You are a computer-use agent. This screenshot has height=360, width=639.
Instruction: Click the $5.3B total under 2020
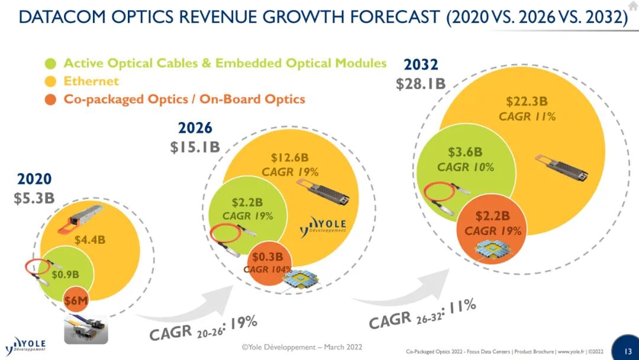coord(34,198)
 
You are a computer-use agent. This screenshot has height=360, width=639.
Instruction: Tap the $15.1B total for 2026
coord(195,147)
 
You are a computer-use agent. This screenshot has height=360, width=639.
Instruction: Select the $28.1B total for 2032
coord(421,83)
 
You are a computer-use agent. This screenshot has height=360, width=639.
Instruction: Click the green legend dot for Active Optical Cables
coord(50,64)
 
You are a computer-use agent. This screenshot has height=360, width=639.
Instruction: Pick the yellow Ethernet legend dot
coord(50,82)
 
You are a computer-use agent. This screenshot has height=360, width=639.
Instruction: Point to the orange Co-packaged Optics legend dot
coord(50,99)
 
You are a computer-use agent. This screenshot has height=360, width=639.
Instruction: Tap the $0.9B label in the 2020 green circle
coord(65,274)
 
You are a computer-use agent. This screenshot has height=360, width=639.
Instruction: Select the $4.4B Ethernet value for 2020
coord(90,240)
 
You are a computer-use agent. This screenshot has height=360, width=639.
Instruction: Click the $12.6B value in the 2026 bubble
coord(290,157)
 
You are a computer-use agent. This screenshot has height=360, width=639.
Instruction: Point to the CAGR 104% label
coord(268,269)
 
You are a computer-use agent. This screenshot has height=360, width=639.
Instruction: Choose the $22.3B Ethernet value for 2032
coord(527,101)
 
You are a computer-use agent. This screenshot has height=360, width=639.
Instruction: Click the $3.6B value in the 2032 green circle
coord(466,152)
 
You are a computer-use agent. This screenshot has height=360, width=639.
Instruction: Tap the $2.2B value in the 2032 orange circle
coord(493,216)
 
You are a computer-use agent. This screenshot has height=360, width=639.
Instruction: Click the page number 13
coord(628,351)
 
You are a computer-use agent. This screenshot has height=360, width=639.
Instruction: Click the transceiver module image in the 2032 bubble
coord(562,168)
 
